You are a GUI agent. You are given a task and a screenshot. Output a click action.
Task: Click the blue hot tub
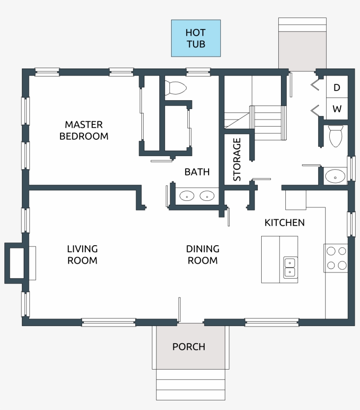point(196,38)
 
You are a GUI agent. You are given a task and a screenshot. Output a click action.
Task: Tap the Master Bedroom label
point(84,131)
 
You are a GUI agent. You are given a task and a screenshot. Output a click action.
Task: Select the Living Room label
point(82,255)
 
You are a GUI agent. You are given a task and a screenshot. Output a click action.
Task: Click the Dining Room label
point(203,255)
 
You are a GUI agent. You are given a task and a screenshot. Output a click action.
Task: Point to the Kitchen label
point(284,223)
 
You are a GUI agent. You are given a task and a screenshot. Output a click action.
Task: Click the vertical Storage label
point(237,160)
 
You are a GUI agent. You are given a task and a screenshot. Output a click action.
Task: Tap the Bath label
point(197,172)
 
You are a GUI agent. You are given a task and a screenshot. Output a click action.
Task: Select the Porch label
point(189,347)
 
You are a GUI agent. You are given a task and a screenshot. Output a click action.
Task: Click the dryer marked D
point(337,87)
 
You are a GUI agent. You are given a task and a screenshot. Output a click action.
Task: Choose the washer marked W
point(337,109)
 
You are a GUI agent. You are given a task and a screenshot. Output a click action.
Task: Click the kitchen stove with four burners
point(336,258)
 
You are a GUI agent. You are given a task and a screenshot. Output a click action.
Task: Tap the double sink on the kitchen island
point(290,268)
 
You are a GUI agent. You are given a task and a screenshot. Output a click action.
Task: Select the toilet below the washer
point(335,136)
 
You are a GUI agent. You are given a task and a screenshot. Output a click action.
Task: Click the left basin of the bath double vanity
point(187,196)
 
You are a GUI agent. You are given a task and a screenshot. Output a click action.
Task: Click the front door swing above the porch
point(180,310)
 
